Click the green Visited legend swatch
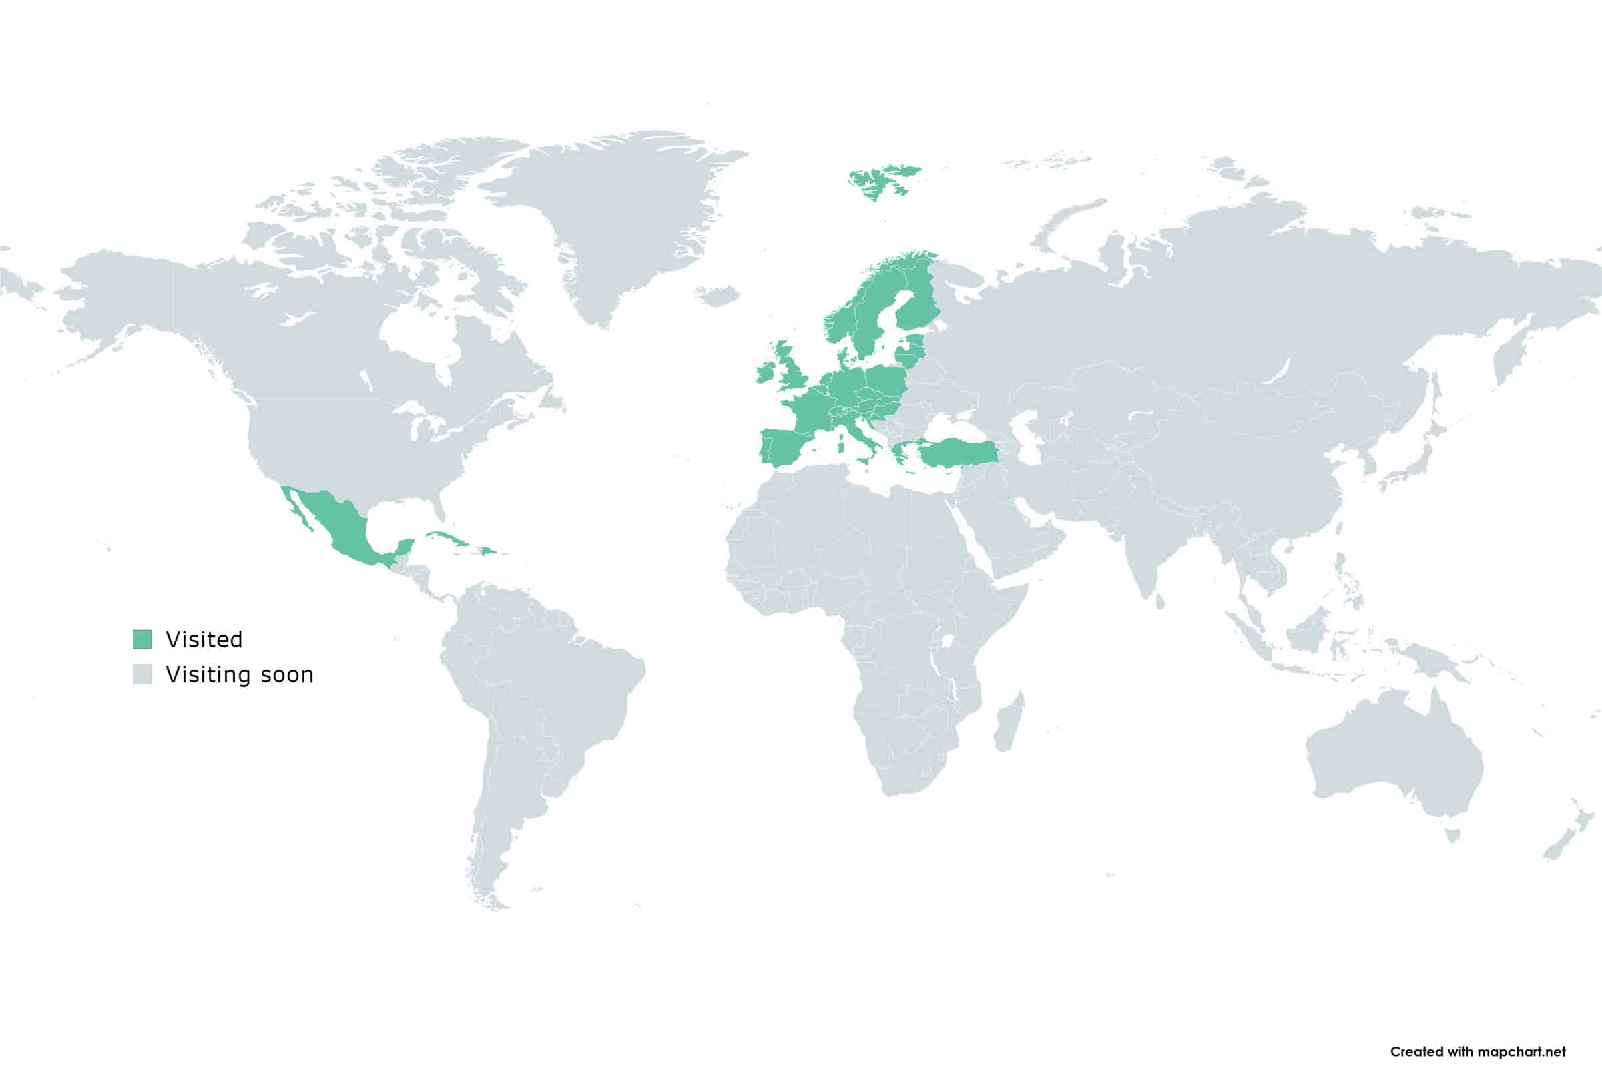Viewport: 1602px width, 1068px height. [142, 639]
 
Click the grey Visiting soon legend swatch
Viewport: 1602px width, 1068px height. [142, 674]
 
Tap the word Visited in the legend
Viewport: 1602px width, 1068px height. [204, 639]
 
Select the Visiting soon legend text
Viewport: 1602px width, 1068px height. [240, 674]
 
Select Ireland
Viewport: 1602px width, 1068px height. [766, 372]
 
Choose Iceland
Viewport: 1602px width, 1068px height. [716, 296]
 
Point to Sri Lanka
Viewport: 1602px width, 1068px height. [1160, 601]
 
